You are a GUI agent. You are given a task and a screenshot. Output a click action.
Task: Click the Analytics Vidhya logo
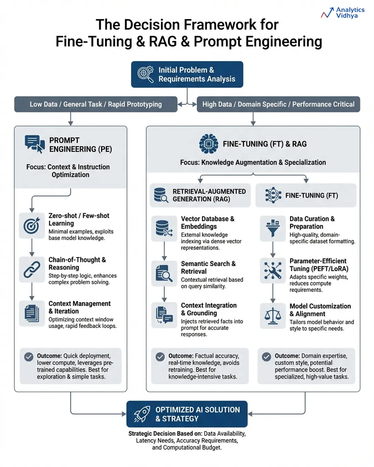[342, 13]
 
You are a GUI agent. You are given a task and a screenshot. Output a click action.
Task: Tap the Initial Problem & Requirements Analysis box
[187, 74]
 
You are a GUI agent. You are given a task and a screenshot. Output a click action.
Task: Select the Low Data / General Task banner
[96, 104]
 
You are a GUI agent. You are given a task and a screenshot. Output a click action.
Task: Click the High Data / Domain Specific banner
[278, 104]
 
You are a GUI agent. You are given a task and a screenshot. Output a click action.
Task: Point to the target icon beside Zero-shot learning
[32, 226]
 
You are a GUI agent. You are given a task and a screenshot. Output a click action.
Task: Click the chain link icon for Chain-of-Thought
[32, 270]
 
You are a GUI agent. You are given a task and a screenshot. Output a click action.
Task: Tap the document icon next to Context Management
[32, 313]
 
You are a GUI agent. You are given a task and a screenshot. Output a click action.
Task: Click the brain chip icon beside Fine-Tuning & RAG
[208, 144]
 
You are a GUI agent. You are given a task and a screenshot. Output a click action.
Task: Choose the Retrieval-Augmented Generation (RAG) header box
[200, 195]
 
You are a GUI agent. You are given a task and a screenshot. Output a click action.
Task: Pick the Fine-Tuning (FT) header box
[306, 195]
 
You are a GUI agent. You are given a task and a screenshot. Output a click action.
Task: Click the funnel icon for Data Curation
[273, 228]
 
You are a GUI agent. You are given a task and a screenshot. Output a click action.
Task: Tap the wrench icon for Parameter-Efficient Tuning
[273, 271]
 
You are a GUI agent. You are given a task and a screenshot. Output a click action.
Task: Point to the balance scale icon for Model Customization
[273, 315]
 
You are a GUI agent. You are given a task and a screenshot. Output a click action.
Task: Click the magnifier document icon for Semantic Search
[164, 273]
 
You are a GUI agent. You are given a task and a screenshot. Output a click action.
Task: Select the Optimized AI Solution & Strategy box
[187, 414]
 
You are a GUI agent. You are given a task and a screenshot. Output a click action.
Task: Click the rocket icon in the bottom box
[142, 414]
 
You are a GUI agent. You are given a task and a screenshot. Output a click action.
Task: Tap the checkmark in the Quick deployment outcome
[29, 357]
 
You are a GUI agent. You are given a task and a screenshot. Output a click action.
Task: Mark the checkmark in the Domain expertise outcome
[266, 357]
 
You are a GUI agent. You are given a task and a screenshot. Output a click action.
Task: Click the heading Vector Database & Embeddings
[207, 222]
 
